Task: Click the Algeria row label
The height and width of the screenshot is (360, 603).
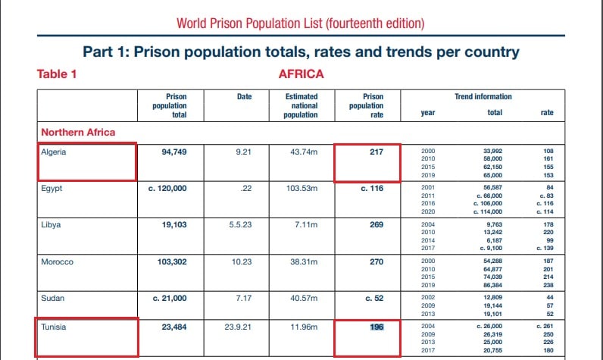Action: click(x=53, y=152)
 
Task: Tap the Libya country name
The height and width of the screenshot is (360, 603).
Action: click(x=51, y=225)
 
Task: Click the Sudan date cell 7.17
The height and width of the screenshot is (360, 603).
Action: click(x=243, y=299)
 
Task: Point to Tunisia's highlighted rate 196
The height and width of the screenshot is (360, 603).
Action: click(x=377, y=328)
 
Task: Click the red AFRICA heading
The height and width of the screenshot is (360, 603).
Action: click(x=301, y=74)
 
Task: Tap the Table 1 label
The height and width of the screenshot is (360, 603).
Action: click(x=57, y=74)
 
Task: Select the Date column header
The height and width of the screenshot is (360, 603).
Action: click(x=244, y=97)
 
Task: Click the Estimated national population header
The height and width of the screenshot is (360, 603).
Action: click(x=301, y=105)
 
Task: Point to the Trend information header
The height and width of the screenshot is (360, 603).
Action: click(x=483, y=97)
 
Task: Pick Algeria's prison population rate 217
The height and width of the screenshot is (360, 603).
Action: click(x=373, y=152)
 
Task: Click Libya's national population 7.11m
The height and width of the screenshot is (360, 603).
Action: click(x=301, y=225)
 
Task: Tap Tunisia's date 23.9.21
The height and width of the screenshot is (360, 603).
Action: click(x=243, y=328)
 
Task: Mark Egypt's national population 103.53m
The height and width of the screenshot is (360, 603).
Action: click(x=301, y=189)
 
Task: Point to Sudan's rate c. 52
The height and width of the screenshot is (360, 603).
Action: click(x=373, y=299)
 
